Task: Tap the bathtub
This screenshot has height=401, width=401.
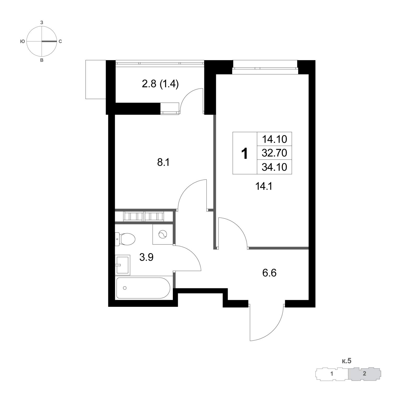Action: click(x=143, y=288)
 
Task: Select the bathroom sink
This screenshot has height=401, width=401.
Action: click(x=122, y=265)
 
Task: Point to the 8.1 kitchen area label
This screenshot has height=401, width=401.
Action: click(x=163, y=162)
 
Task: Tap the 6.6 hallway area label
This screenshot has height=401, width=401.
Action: click(x=269, y=273)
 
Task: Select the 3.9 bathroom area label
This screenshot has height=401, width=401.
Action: click(x=146, y=257)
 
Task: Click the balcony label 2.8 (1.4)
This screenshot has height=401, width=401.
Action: click(x=160, y=84)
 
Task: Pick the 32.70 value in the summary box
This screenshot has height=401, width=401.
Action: click(x=274, y=153)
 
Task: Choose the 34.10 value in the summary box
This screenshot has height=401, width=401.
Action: click(x=274, y=167)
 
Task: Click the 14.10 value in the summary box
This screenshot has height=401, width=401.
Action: click(x=274, y=139)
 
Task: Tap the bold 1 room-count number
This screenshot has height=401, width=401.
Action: click(x=245, y=153)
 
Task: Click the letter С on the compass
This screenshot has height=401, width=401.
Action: click(x=60, y=41)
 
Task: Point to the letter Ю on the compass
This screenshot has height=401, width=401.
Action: click(x=22, y=41)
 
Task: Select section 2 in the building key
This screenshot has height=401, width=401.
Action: click(x=364, y=373)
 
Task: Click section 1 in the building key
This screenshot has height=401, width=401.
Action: click(x=332, y=374)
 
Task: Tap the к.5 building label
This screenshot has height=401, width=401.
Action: click(x=347, y=361)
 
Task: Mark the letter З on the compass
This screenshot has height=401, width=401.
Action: click(x=42, y=23)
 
